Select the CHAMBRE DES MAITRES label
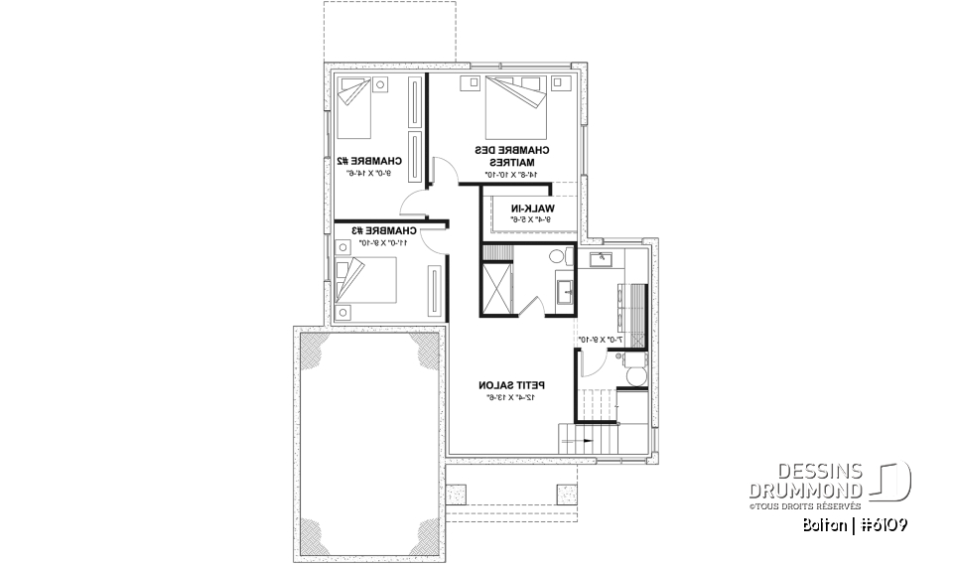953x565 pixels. (511, 156)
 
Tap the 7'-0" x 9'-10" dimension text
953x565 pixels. (600, 340)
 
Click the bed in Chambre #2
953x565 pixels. (353, 107)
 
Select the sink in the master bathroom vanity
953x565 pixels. (564, 291)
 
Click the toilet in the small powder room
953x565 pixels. (634, 375)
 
